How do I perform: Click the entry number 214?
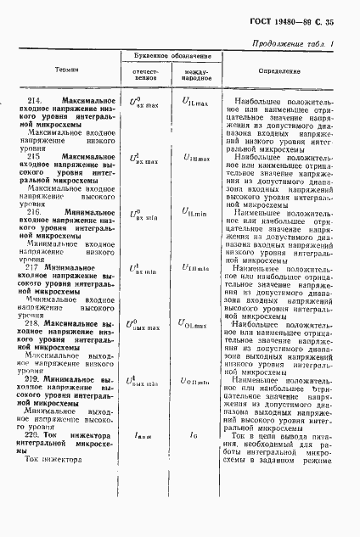35,99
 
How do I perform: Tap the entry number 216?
35,209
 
